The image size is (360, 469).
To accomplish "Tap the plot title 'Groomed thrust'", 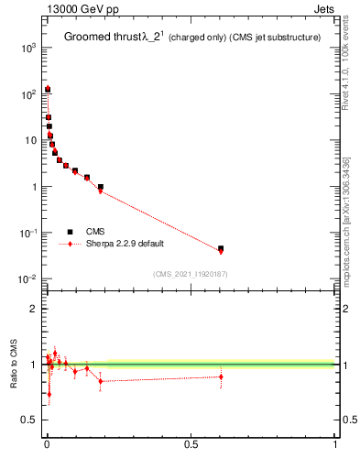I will pos(98,37).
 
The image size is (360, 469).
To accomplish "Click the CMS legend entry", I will pos(97,232).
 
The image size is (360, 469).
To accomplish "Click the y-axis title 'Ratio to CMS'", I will pos(14,365).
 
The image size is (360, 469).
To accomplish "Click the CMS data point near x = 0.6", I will pos(221,248).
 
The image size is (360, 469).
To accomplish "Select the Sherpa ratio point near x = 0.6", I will pos(221,376).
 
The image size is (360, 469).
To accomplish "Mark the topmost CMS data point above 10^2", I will pos(48,90).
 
